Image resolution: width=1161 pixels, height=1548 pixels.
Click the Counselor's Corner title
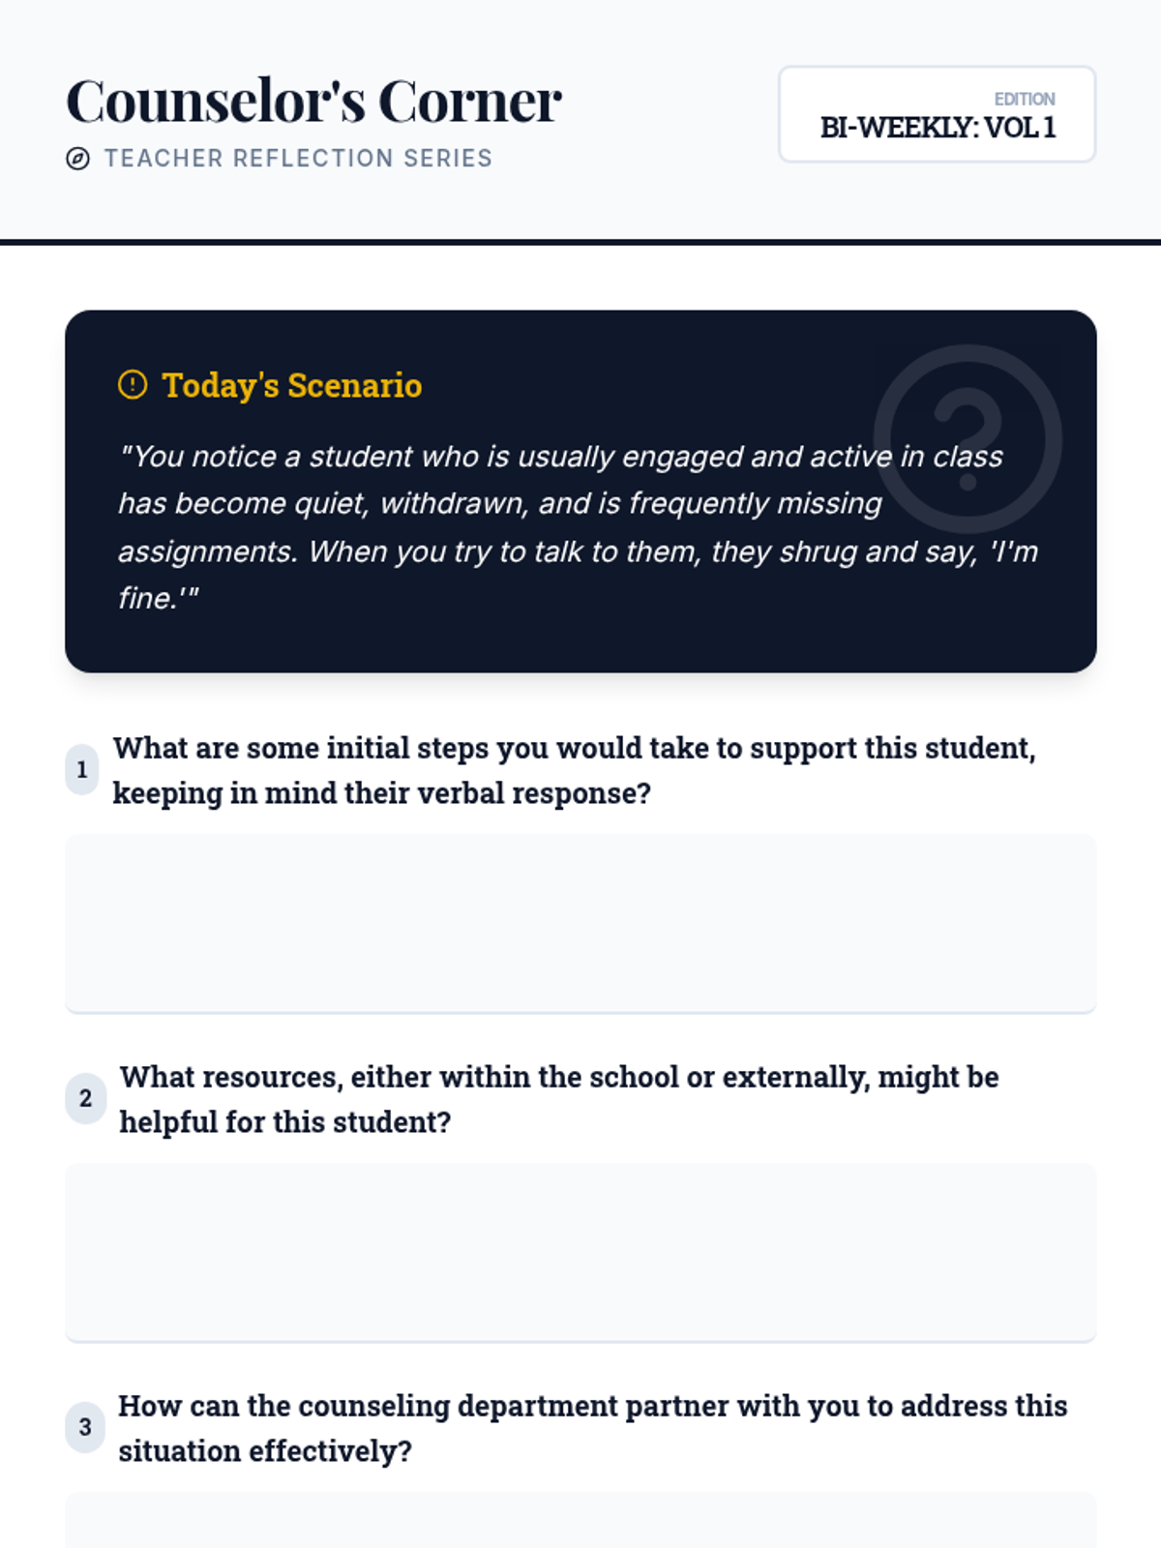click(313, 101)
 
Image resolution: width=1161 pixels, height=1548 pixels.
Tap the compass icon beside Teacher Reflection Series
click(78, 159)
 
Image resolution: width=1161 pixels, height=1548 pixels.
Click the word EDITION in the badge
click(1024, 99)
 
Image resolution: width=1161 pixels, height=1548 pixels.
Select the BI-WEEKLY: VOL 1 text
click(937, 128)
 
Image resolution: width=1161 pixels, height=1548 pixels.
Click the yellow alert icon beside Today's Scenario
click(133, 385)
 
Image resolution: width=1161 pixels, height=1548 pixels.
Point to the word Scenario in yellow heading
click(354, 385)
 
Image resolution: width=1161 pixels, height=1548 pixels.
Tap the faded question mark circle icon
click(967, 438)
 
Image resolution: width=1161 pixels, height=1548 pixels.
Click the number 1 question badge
click(82, 770)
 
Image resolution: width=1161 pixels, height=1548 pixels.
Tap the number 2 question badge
click(85, 1099)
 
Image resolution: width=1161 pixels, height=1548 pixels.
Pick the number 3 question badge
click(85, 1428)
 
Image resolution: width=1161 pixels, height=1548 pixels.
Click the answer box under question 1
click(580, 923)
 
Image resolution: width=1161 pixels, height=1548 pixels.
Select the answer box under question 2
click(580, 1252)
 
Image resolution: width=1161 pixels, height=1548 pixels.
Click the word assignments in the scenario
click(206, 551)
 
